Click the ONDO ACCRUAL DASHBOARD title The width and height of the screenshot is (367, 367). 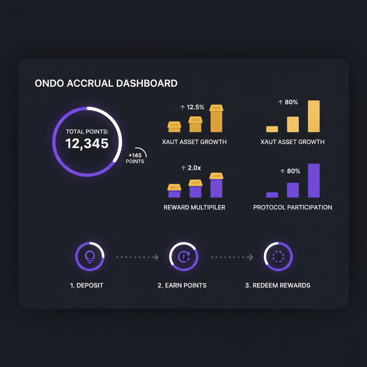[x=106, y=84]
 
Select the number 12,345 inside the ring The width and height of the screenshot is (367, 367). [x=87, y=144]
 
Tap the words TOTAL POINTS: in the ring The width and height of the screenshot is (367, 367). [x=87, y=132]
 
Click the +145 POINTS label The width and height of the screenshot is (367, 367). [x=135, y=158]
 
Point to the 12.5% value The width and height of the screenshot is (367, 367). [x=192, y=107]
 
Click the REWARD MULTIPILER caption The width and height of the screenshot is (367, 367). [x=194, y=207]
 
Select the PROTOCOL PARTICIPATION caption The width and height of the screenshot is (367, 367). [x=292, y=207]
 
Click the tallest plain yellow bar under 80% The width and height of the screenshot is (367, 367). [x=314, y=116]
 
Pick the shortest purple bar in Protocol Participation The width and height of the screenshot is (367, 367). [x=272, y=195]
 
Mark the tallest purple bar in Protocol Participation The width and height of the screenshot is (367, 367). [x=314, y=181]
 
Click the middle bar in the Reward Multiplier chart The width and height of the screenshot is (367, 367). [x=196, y=190]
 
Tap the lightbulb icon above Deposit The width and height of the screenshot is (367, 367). [x=90, y=257]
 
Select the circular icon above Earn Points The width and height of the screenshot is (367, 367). [x=183, y=257]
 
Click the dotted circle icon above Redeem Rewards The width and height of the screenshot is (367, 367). [x=278, y=257]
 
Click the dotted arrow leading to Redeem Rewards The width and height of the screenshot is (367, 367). [x=232, y=257]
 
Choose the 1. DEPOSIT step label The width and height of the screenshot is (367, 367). [x=87, y=285]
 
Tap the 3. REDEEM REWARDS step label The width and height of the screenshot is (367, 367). [x=278, y=285]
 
